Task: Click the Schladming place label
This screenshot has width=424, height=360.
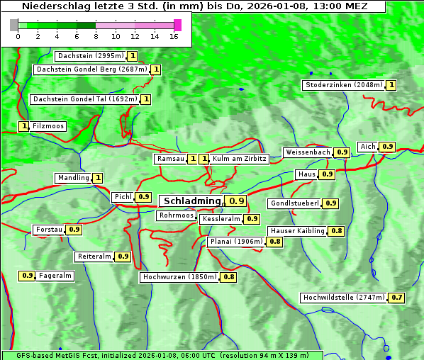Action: click(x=191, y=201)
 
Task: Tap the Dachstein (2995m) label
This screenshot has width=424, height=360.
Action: click(x=90, y=56)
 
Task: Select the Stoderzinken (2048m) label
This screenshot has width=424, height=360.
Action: click(x=343, y=85)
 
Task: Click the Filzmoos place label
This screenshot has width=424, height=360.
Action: click(x=48, y=126)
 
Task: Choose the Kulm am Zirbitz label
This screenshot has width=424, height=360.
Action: click(x=240, y=159)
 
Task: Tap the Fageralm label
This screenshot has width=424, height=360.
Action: click(x=55, y=276)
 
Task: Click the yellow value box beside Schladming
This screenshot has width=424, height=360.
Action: click(x=237, y=201)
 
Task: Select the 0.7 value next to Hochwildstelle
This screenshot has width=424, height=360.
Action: click(x=397, y=298)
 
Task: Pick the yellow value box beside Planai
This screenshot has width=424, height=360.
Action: click(x=275, y=242)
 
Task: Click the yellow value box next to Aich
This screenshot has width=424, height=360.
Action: click(x=387, y=147)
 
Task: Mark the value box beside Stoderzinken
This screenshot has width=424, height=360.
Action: click(x=391, y=85)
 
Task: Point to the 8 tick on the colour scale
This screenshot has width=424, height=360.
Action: click(x=96, y=36)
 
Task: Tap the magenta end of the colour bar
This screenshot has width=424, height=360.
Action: click(x=177, y=25)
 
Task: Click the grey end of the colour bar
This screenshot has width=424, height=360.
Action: click(x=14, y=25)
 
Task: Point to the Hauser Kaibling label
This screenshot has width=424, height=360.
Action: click(x=298, y=231)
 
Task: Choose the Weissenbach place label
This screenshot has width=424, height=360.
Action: click(x=308, y=152)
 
